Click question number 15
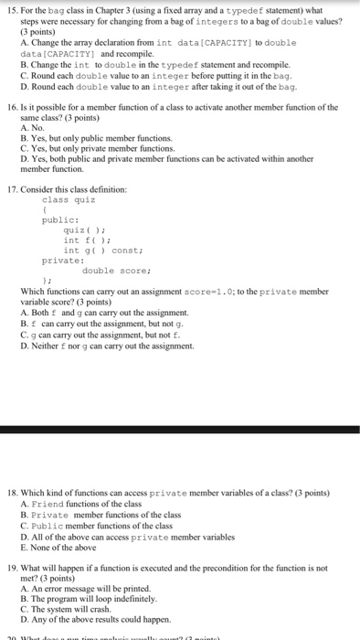tap(13, 9)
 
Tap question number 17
tap(13, 188)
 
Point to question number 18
tap(13, 492)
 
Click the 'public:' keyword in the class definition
tap(60, 219)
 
